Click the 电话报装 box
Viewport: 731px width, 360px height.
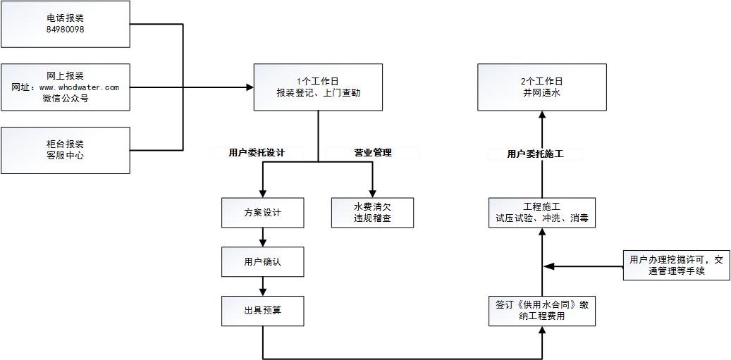coord(65,23)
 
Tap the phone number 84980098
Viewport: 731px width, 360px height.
coord(65,30)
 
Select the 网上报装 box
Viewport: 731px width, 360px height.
coord(65,87)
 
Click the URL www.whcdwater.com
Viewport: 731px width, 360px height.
coord(78,87)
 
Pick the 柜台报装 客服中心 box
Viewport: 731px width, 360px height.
coord(65,149)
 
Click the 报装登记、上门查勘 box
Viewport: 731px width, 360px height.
coord(318,87)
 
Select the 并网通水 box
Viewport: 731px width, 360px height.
coord(541,87)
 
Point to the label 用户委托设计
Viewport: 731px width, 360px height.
coord(257,152)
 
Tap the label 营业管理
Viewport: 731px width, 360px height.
coord(372,152)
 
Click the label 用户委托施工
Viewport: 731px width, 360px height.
coord(535,154)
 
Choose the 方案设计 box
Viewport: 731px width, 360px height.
coord(262,212)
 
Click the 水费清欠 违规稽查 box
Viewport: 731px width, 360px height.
coord(372,212)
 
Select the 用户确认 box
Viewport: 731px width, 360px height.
coord(262,261)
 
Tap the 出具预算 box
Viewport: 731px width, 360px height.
coord(262,311)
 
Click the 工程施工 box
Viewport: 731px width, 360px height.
coord(541,212)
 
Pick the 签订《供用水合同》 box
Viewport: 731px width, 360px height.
coord(541,311)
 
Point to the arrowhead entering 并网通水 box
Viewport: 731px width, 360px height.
coord(542,116)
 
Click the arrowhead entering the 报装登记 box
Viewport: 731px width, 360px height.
coord(250,87)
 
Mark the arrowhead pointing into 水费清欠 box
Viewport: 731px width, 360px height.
coord(372,192)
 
